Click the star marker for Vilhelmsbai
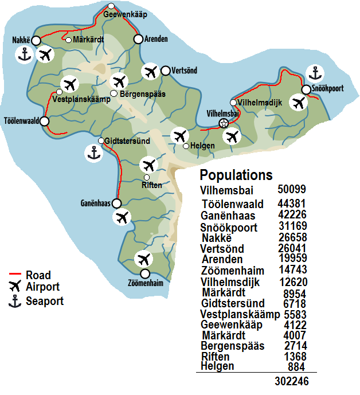point(224,123)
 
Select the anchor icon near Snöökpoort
point(314,73)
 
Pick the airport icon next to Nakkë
point(45,55)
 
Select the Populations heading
point(236,175)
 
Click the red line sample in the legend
point(15,275)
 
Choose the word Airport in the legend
point(42,287)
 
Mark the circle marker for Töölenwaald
point(45,122)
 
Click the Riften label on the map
point(151,185)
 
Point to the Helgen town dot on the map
point(186,146)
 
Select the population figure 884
point(296,367)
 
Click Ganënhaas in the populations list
point(225,216)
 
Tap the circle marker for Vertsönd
point(165,71)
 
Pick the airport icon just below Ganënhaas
point(122,218)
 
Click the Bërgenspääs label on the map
point(143,93)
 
